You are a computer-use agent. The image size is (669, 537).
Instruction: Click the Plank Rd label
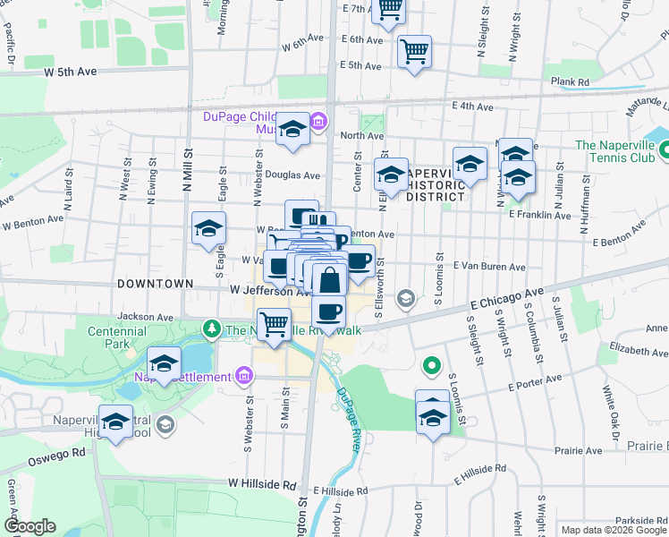(x=570, y=82)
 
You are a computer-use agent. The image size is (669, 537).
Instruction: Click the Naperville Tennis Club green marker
(x=664, y=150)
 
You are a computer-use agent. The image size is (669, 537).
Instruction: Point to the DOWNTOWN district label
(x=155, y=283)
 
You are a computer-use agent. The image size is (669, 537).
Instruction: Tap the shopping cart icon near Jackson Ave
(x=275, y=323)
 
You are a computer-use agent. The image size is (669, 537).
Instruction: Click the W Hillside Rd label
(x=261, y=483)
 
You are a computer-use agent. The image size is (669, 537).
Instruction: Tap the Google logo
(x=29, y=526)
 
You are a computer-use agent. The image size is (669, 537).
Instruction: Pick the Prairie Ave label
(x=578, y=452)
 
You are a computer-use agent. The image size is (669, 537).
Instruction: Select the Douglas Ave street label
(x=292, y=175)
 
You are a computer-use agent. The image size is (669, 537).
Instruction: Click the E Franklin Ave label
(x=539, y=215)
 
